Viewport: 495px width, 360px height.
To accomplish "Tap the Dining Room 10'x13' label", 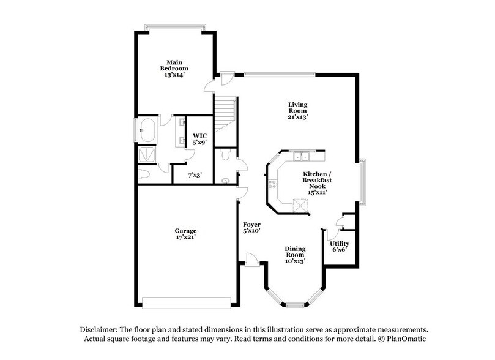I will click(295, 255).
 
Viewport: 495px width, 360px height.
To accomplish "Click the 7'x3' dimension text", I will click(195, 175).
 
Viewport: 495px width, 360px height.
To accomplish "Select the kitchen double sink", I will click(300, 156).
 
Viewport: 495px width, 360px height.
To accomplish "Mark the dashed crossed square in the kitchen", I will click(300, 204).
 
